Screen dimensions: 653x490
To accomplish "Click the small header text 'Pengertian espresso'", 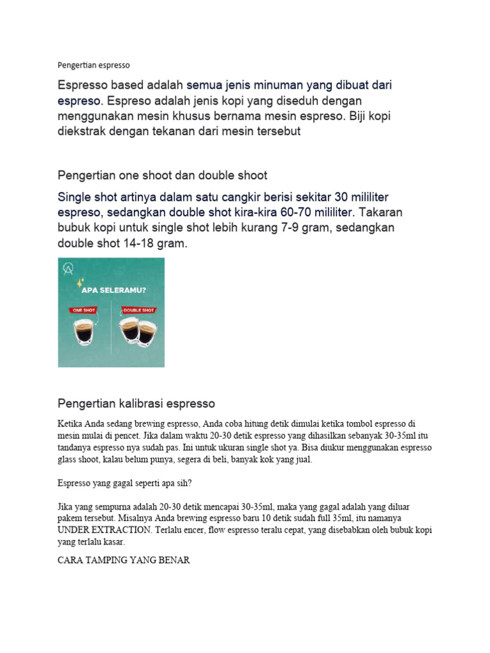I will pyautogui.click(x=93, y=65).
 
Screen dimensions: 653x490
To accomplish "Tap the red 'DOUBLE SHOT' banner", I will pyautogui.click(x=138, y=311).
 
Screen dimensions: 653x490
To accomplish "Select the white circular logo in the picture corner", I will pyautogui.click(x=66, y=268).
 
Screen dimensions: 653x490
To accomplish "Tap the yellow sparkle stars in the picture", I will pyautogui.click(x=80, y=281).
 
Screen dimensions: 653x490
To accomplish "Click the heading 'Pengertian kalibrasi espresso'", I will pyautogui.click(x=137, y=404).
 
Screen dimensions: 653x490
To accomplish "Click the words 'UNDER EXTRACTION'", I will pyautogui.click(x=100, y=530).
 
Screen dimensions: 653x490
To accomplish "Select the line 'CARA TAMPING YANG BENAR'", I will pyautogui.click(x=124, y=561).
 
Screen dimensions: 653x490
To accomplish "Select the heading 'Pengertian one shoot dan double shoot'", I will pyautogui.click(x=163, y=175).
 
